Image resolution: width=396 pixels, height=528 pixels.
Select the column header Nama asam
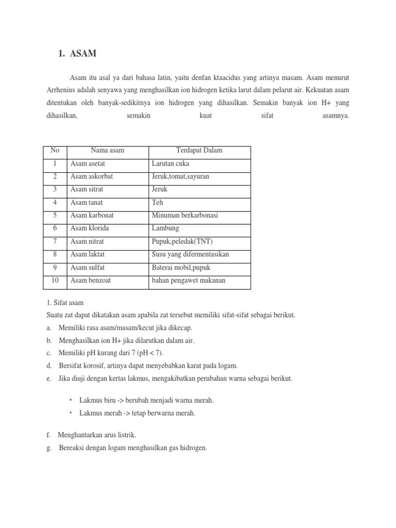click(x=107, y=151)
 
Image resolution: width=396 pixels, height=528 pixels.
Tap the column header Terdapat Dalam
click(x=199, y=151)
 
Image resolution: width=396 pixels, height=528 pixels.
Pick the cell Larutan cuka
click(x=171, y=163)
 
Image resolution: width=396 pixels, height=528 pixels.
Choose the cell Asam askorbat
click(x=91, y=176)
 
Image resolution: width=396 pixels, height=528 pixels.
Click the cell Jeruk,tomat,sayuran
click(x=180, y=176)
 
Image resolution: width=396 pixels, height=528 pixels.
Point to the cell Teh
click(x=157, y=203)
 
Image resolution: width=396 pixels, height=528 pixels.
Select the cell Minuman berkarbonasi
click(x=185, y=216)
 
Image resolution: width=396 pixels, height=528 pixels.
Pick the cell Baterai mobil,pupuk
click(x=181, y=268)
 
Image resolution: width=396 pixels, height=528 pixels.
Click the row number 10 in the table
click(x=55, y=280)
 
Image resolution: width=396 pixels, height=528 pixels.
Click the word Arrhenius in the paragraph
click(x=57, y=90)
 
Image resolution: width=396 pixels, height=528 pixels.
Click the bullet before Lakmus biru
click(x=71, y=400)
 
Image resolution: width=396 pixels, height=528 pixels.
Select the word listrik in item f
click(x=127, y=435)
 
